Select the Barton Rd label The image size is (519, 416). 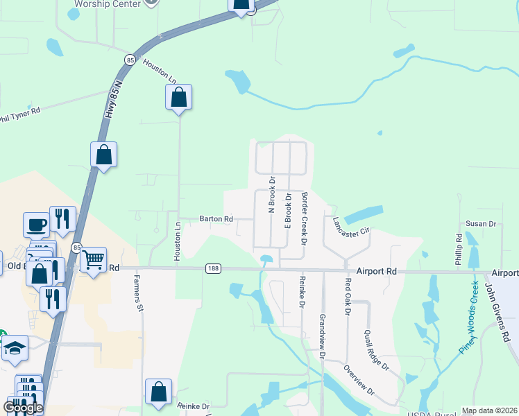[x=216, y=218]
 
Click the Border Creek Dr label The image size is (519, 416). [x=304, y=219]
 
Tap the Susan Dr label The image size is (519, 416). [x=480, y=224]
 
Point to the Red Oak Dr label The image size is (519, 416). [x=348, y=296]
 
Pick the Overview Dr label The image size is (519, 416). [x=359, y=382]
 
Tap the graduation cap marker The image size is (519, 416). [x=14, y=347]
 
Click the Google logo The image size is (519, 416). [x=23, y=408]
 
